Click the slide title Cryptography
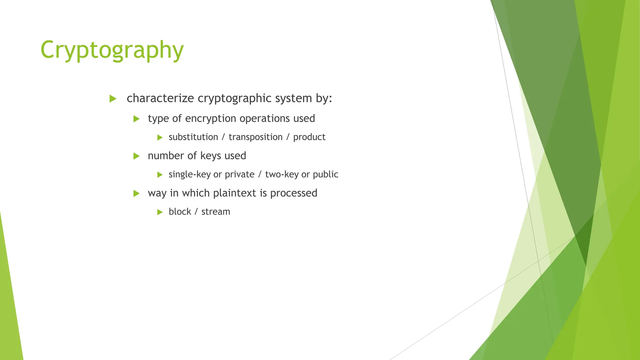(112, 50)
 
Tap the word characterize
(160, 98)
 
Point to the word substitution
(193, 137)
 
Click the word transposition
(255, 137)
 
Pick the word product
(309, 137)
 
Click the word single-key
(190, 174)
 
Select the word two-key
(282, 174)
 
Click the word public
(325, 174)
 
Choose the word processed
(293, 193)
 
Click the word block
(180, 212)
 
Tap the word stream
(216, 212)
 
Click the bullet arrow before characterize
(113, 99)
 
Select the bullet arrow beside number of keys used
(136, 156)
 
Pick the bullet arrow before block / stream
(160, 212)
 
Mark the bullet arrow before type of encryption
(136, 119)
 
